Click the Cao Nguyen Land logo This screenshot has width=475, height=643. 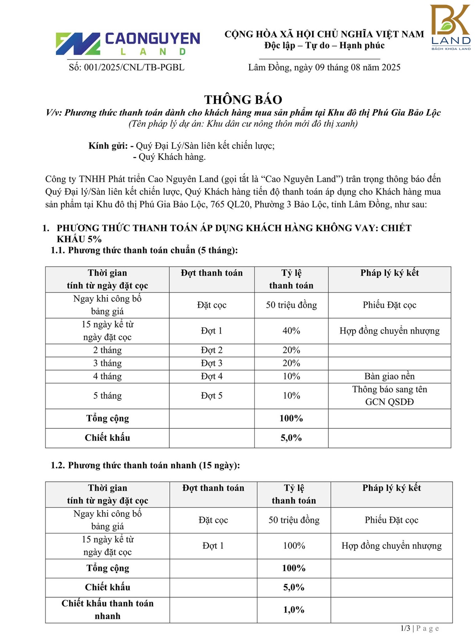[127, 44]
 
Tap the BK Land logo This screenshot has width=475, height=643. [450, 27]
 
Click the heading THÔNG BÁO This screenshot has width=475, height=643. [243, 99]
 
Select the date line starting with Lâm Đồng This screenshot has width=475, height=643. [324, 67]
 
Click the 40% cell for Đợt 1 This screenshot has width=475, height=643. [291, 331]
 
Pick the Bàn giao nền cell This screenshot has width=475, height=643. [389, 376]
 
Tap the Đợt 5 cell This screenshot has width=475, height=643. [212, 396]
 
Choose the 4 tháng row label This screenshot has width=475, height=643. [107, 376]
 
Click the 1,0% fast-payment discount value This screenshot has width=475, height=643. [294, 610]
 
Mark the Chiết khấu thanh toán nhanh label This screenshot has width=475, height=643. [107, 610]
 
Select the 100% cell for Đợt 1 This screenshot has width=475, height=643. [294, 546]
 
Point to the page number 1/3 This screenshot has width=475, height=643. [405, 628]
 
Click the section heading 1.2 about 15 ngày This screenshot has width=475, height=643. [145, 465]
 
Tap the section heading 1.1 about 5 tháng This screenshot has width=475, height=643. [144, 250]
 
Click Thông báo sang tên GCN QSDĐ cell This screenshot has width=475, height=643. [389, 396]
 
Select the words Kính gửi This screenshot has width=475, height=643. [108, 146]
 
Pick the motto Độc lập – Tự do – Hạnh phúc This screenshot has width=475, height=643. [324, 46]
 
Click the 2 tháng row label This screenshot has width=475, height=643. [107, 350]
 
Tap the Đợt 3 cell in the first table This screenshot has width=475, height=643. [212, 363]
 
